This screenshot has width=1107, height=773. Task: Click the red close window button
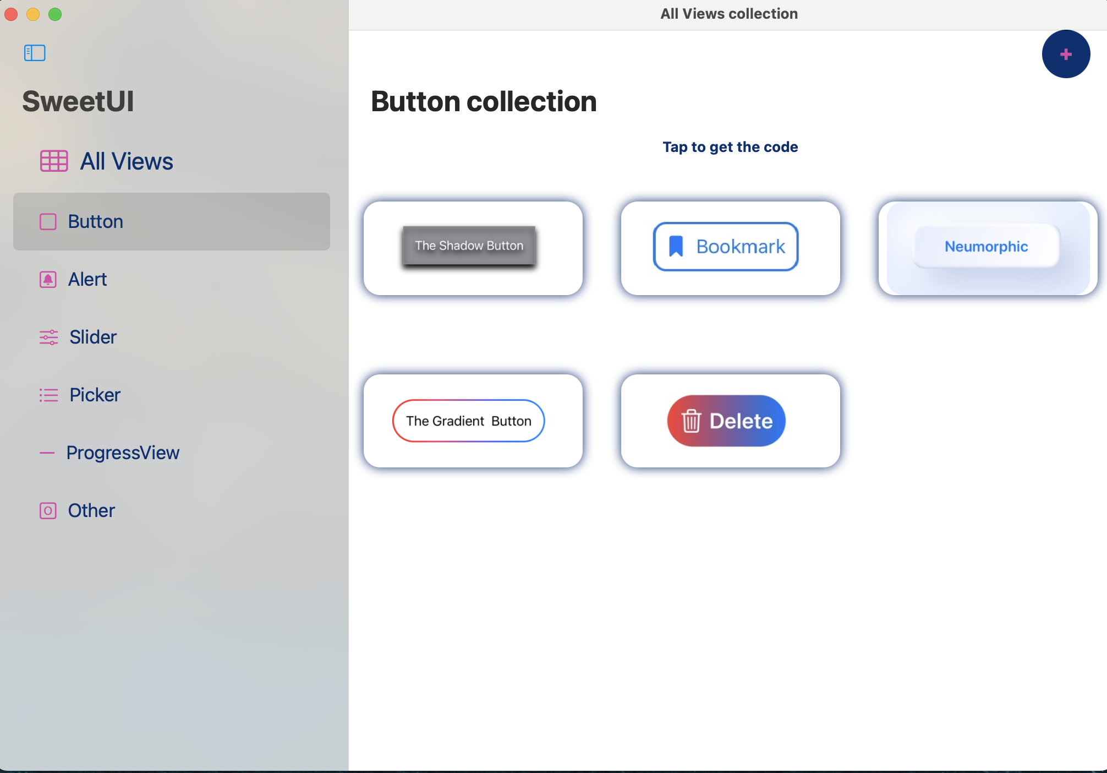coord(11,14)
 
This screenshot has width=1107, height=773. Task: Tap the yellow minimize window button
coord(33,14)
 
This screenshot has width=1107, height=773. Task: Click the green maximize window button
coord(55,14)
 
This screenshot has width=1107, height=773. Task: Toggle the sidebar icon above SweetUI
coord(35,53)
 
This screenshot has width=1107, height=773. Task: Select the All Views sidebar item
coord(127,161)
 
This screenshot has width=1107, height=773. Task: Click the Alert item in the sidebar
coord(87,280)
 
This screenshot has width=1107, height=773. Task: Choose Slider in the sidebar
coord(93,337)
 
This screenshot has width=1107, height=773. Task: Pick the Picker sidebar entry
coord(95,395)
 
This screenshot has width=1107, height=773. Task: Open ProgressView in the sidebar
coord(123,453)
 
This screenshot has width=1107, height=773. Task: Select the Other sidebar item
coord(91,510)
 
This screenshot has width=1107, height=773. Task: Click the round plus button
coord(1066,54)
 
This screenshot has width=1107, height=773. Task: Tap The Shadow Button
coord(469,246)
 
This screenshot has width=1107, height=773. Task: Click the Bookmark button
coord(726,247)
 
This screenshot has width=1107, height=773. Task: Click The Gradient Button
coord(468,421)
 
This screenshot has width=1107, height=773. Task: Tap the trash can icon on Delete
coord(691,421)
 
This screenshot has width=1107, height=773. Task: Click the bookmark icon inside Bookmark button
coord(676,246)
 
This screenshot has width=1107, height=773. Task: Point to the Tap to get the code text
coord(730,147)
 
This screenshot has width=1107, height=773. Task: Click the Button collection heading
coord(484,101)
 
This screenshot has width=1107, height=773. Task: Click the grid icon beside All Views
coord(54,161)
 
